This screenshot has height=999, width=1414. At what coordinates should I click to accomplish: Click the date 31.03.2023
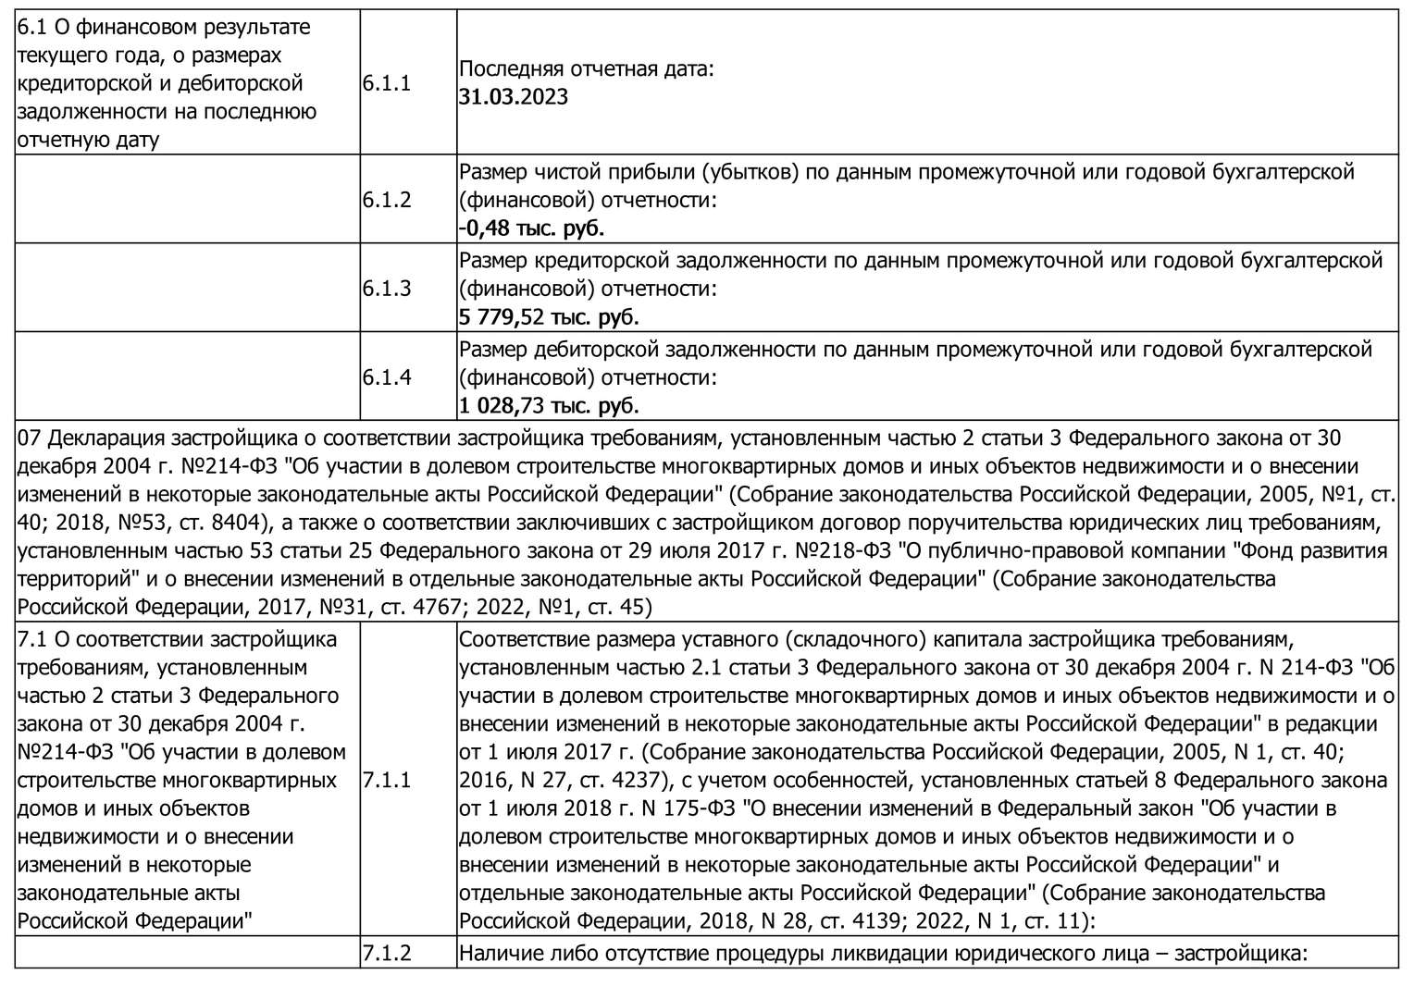tap(514, 97)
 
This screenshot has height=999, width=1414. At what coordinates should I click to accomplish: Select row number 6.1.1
tap(386, 83)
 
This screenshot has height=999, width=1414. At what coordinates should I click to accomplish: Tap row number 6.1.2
tap(386, 200)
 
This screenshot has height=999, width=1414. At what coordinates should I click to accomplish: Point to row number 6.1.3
tap(386, 289)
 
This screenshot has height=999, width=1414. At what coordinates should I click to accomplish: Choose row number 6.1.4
tap(386, 377)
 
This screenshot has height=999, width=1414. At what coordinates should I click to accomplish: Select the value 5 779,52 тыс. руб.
tap(549, 316)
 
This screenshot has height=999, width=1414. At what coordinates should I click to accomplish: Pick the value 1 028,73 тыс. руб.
tap(549, 405)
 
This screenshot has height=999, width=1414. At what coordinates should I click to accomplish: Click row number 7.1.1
tap(386, 780)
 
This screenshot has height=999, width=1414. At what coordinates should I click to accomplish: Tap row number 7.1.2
tap(386, 953)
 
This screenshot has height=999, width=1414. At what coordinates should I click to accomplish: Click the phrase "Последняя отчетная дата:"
tap(587, 69)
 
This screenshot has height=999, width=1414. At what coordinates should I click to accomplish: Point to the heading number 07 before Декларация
tap(30, 438)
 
